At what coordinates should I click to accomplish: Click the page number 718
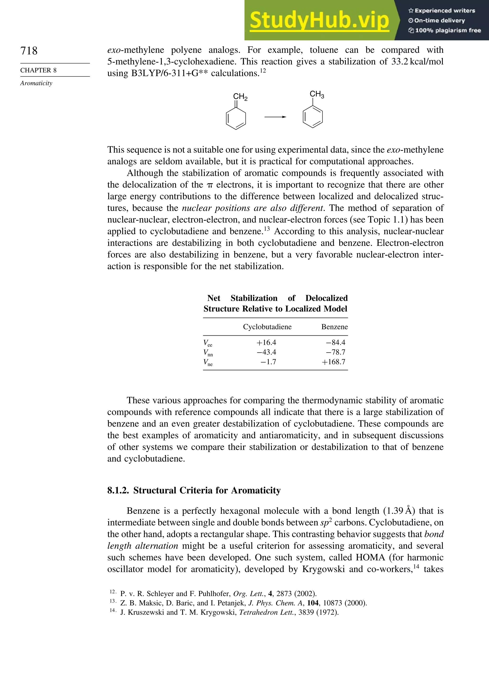pos(29,51)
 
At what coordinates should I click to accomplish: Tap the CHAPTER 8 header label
pos(38,70)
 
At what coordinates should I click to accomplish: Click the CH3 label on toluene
pos(317,94)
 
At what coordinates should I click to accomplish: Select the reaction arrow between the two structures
pos(275,117)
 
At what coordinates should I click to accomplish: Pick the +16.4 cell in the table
pos(266,343)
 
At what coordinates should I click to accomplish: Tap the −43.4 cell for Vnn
pos(266,352)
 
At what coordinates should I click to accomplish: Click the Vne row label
pos(208,362)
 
